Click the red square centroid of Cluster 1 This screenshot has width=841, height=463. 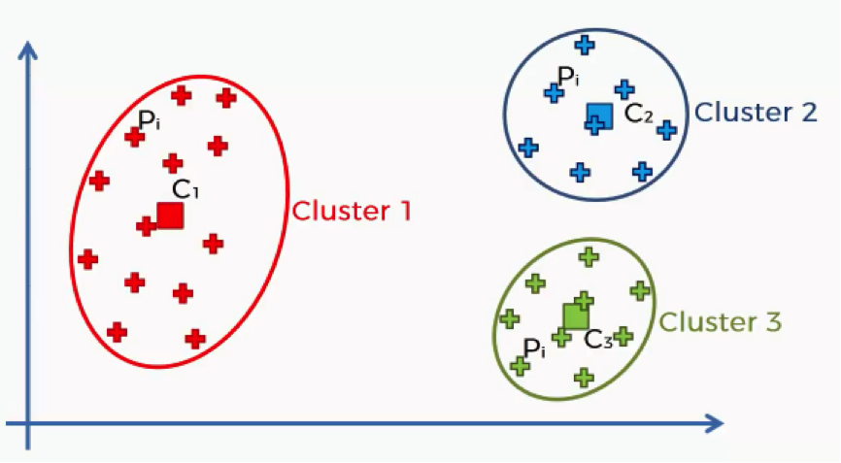pos(171,215)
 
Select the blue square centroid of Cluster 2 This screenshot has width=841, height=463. pos(599,116)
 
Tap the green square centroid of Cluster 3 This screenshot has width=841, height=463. pos(576,316)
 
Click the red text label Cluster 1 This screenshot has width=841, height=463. pos(352,211)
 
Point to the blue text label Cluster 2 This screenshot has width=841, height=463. pos(756,112)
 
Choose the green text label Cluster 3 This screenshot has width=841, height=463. pos(720,322)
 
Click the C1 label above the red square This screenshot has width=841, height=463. pos(185,189)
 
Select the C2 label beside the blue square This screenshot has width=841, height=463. pos(639,113)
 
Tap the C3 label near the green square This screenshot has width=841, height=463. pos(597,339)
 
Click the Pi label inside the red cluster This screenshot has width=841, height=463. pos(149,120)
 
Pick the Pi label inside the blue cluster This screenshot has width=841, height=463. pos(568,76)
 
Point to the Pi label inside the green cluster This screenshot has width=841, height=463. pos(534,348)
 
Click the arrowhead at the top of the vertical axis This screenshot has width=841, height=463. pos(27,50)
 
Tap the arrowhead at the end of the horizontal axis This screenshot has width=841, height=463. pos(714,424)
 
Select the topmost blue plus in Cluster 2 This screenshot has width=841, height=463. pos(585,45)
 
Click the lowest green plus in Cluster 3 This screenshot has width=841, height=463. pos(584,378)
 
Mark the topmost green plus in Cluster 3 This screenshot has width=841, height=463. pos(589,257)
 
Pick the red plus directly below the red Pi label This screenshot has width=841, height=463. pos(135,137)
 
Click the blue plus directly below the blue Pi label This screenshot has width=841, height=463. pos(555,93)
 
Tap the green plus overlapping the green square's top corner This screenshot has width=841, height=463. pos(584,301)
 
